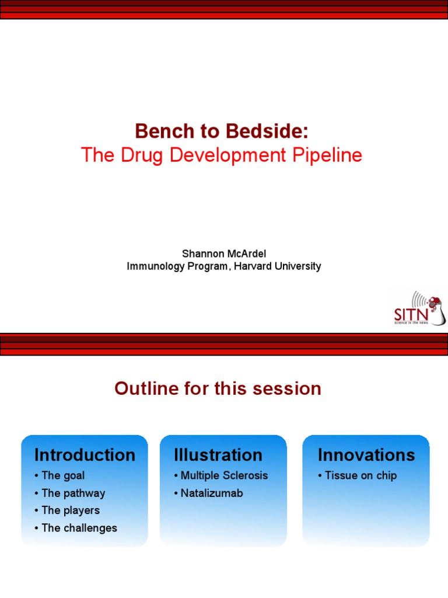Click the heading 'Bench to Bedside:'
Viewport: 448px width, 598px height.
pos(221,131)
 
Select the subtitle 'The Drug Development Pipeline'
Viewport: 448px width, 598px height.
pos(221,155)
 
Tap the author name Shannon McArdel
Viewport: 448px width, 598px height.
pos(224,253)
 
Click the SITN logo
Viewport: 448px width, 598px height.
pos(419,308)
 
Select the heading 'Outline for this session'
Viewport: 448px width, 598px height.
pos(218,388)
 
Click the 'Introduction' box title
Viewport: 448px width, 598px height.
pos(85,455)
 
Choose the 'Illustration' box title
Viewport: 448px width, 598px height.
pos(218,455)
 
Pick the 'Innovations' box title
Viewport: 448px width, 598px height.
pos(366,455)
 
